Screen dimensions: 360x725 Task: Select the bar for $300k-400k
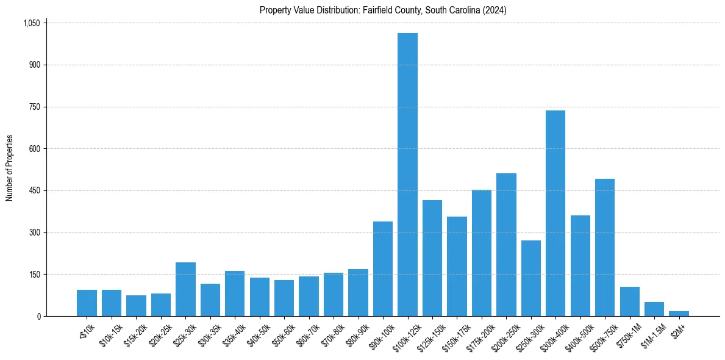[555, 214]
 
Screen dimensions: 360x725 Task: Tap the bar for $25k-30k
[185, 289]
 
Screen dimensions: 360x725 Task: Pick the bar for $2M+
[679, 314]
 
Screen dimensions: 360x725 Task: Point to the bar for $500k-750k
[605, 247]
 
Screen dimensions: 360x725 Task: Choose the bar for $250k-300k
[530, 278]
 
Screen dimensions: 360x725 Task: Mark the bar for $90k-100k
[383, 268]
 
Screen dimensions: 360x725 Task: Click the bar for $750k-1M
[629, 301]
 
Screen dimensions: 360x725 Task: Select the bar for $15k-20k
[136, 306]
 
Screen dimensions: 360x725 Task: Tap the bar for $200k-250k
[506, 245]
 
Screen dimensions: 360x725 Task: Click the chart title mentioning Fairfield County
[383, 10]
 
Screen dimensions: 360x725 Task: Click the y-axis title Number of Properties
[10, 168]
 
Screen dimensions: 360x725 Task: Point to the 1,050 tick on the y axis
[31, 23]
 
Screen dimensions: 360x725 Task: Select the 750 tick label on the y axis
[34, 107]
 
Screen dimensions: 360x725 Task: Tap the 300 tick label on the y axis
[34, 232]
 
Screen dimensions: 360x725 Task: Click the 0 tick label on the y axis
[38, 316]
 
